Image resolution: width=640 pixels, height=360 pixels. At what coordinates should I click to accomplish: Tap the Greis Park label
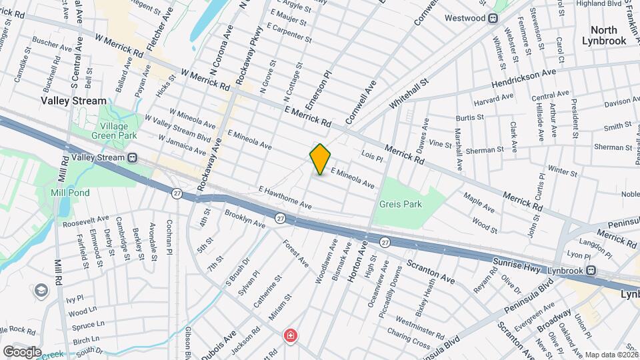click(x=401, y=205)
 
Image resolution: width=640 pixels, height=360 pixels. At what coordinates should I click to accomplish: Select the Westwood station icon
click(x=493, y=18)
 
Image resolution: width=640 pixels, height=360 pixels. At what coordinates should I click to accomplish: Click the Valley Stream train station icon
click(x=132, y=158)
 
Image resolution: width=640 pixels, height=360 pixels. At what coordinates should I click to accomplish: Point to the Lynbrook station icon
click(x=590, y=271)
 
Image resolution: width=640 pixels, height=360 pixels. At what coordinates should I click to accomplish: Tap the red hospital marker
click(x=290, y=336)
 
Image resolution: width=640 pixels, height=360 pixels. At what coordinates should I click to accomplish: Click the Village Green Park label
click(x=118, y=131)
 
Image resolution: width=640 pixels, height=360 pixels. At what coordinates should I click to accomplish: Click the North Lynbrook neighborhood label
click(x=608, y=35)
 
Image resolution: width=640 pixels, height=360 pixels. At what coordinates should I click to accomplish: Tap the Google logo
click(x=22, y=351)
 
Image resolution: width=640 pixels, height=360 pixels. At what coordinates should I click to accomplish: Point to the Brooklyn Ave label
click(x=245, y=220)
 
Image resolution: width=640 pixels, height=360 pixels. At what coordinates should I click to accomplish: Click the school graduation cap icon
click(x=41, y=291)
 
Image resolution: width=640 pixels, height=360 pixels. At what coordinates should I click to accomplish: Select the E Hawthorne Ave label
click(x=285, y=197)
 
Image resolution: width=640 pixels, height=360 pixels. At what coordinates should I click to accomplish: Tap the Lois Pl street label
click(x=371, y=158)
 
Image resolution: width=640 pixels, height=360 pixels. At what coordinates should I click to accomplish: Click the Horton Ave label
click(x=358, y=263)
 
